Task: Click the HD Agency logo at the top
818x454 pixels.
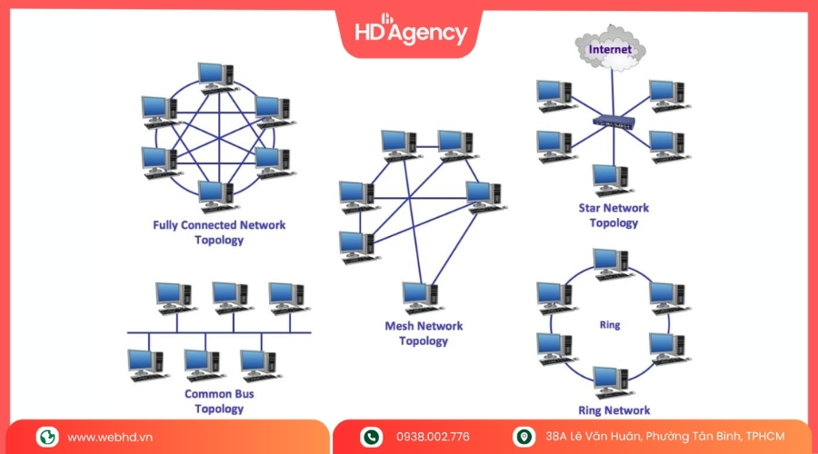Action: tap(410, 31)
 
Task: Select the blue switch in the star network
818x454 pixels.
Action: tap(612, 120)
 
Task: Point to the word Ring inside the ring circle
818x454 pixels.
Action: tap(610, 324)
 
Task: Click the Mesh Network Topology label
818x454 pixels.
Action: tap(424, 333)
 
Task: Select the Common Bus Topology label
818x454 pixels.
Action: tap(219, 401)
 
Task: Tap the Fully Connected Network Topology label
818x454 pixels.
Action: tap(219, 232)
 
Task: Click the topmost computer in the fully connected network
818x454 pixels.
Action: tap(216, 78)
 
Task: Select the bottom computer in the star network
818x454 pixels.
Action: tap(611, 180)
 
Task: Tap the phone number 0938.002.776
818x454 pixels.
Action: tap(433, 437)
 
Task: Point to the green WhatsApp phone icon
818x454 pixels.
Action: tap(371, 437)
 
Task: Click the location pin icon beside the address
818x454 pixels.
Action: tap(524, 437)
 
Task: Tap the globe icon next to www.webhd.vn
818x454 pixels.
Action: tap(47, 437)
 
